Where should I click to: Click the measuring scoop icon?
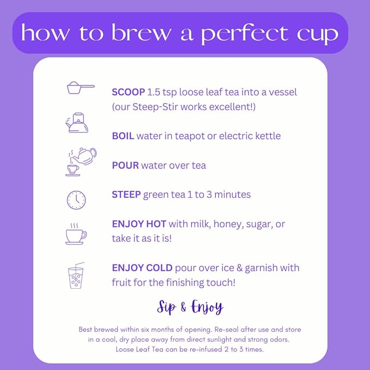(80, 88)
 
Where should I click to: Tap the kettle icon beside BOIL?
(76, 123)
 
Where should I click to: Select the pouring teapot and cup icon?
(80, 161)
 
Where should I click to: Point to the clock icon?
(76, 199)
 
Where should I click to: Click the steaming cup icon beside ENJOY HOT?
(75, 234)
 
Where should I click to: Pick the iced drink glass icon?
(76, 277)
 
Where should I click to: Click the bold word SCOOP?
(129, 92)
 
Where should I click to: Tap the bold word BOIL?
(123, 136)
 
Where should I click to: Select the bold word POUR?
(125, 165)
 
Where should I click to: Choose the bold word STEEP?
(126, 195)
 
